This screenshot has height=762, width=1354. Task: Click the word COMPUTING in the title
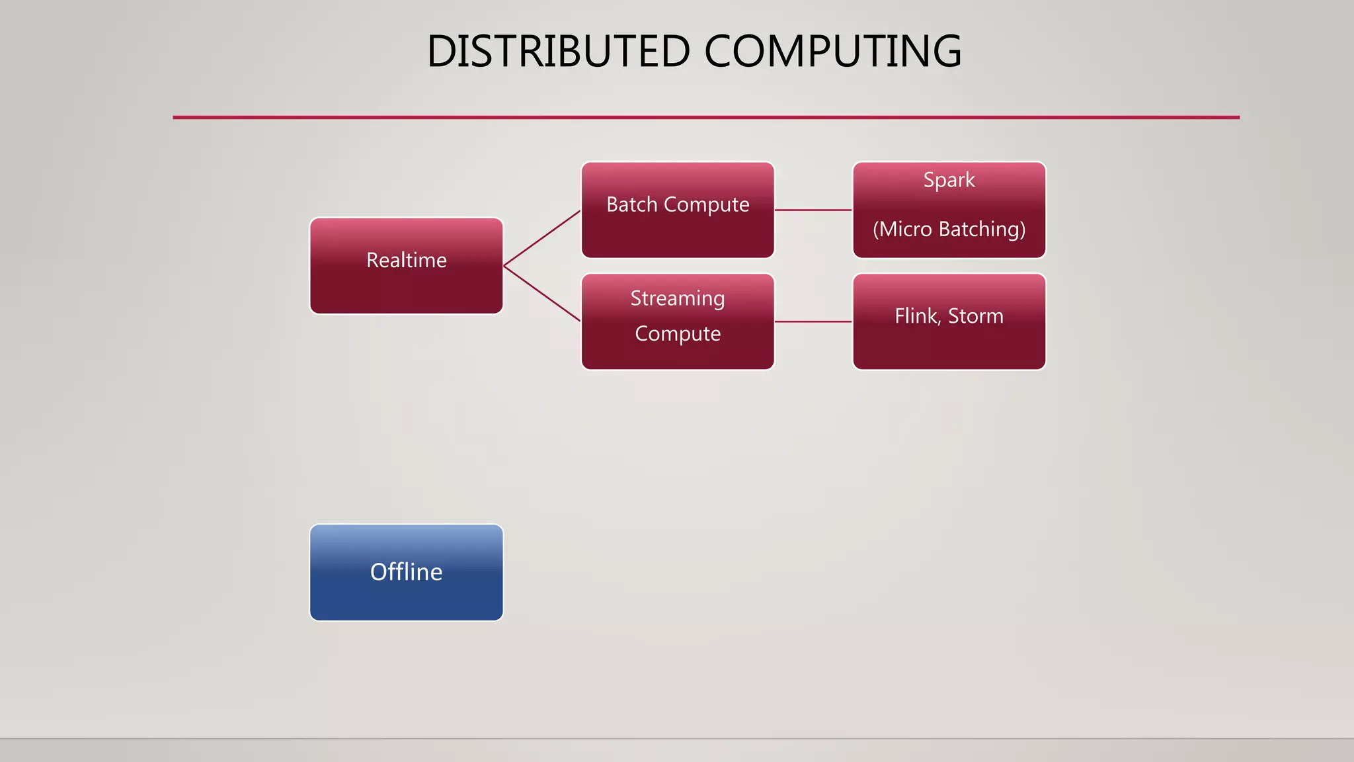click(832, 52)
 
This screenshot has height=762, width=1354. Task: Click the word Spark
click(949, 180)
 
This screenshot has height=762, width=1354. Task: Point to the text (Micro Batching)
click(949, 229)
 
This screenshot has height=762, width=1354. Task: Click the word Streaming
click(678, 298)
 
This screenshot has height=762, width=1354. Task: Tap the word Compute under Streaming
click(678, 333)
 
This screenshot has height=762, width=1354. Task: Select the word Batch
click(631, 204)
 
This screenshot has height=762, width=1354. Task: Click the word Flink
click(916, 316)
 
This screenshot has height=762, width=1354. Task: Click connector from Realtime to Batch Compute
click(542, 238)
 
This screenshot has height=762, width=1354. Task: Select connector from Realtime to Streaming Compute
click(542, 294)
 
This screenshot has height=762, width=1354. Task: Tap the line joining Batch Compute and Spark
click(813, 210)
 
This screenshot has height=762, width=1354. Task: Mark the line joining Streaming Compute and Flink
click(813, 321)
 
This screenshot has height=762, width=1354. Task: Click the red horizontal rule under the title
click(706, 117)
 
